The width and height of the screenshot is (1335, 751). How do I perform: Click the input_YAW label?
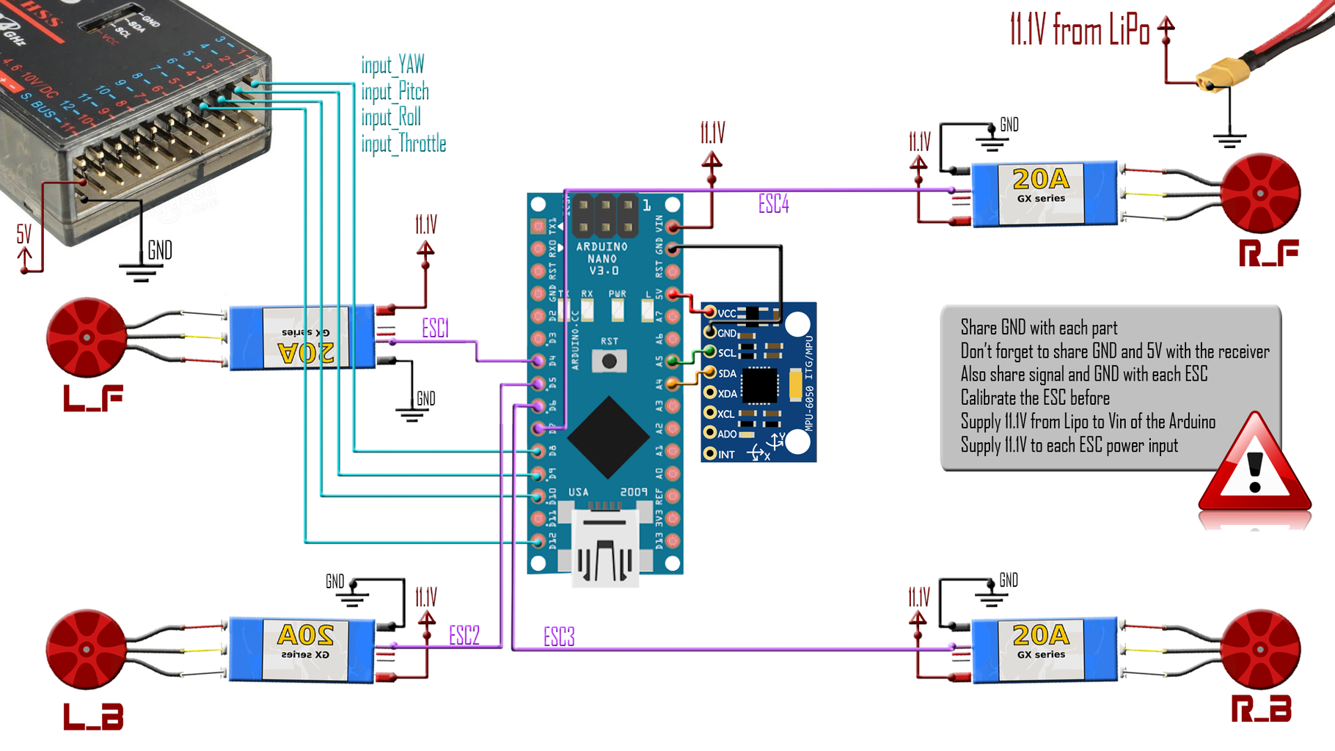tap(392, 65)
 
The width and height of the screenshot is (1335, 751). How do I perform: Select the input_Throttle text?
tap(403, 144)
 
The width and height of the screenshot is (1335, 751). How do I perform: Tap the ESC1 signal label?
tap(435, 328)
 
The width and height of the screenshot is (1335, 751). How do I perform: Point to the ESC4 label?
tap(773, 204)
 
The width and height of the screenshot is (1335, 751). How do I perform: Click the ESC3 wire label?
tap(559, 637)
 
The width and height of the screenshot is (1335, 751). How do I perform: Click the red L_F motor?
tap(87, 337)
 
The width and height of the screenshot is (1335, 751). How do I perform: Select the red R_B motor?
tap(1260, 649)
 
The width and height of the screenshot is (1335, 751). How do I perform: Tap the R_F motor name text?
tap(1268, 253)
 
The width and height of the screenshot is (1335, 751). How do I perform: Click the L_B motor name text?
tap(93, 717)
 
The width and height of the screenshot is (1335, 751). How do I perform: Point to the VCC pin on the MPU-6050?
tap(710, 313)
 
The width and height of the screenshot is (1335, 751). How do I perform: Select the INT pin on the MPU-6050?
tap(710, 454)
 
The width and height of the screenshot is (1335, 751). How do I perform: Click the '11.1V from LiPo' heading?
tap(1079, 31)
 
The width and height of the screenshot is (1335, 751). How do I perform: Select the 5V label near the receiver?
tap(24, 235)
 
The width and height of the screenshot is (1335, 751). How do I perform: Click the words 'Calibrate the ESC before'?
tap(1034, 398)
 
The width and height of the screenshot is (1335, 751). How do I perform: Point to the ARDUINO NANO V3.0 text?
tap(602, 258)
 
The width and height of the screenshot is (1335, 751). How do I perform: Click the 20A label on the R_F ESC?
tap(1040, 180)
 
